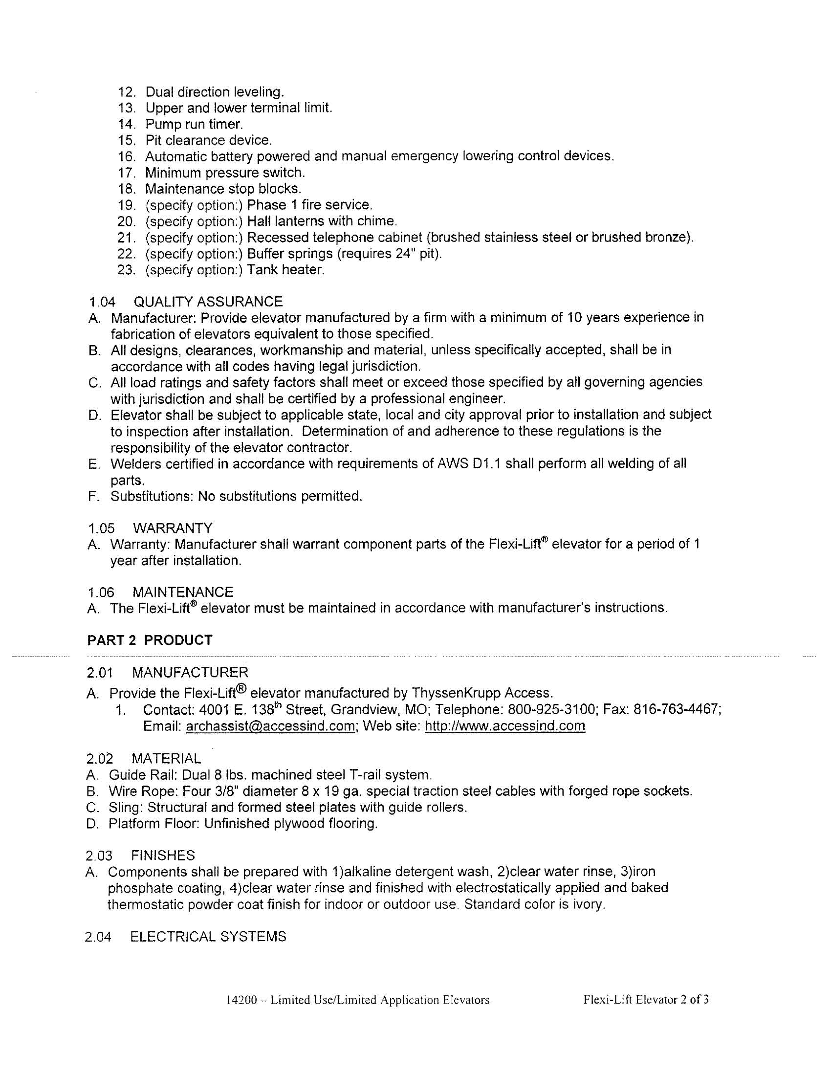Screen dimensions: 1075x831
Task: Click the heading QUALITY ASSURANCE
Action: tap(208, 301)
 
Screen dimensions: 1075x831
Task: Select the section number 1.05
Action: tap(101, 528)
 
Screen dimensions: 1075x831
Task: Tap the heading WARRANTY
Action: tap(172, 528)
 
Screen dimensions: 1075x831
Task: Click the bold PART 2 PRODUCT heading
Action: tap(150, 640)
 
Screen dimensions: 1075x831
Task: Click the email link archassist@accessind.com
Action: tap(270, 726)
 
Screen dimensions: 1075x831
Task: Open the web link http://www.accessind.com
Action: tap(504, 726)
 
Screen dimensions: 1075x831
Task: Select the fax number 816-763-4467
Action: tap(677, 710)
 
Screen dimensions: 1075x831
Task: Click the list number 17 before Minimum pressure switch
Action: tap(126, 173)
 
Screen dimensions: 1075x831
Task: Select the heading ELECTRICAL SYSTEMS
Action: tap(208, 936)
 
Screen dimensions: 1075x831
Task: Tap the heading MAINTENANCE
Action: tap(183, 592)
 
